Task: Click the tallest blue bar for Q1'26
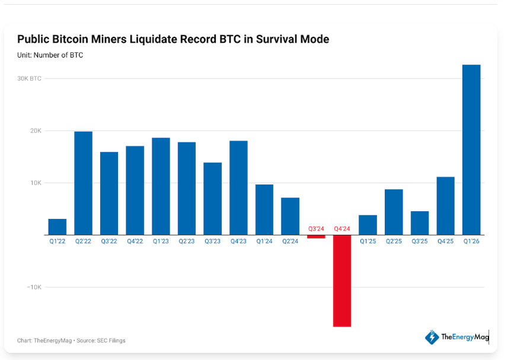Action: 471,149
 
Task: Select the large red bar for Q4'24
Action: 342,281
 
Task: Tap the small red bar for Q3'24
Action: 316,237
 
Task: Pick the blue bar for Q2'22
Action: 83,183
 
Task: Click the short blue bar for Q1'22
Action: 58,227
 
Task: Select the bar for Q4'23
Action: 238,187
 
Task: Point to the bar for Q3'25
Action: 420,223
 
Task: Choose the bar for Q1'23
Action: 161,186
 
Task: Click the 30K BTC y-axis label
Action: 29,78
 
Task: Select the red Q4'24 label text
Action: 342,229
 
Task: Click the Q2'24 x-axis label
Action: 290,241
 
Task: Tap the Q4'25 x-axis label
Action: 445,241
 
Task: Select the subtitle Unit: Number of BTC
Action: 50,55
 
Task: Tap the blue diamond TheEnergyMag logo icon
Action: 431,337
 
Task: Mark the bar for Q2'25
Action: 394,212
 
